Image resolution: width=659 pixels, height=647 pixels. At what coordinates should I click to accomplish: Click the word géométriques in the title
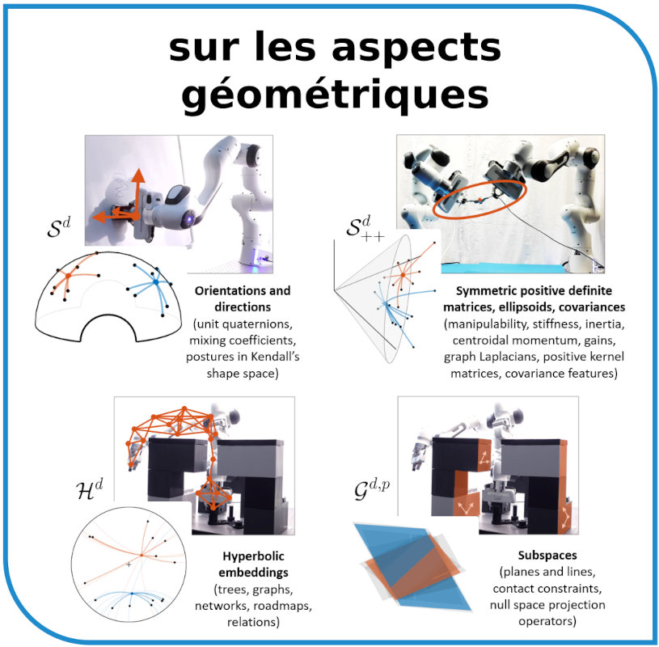point(335,95)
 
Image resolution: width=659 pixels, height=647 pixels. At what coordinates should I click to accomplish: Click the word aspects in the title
point(416,47)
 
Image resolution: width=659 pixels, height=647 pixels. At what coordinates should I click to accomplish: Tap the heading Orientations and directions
point(243,299)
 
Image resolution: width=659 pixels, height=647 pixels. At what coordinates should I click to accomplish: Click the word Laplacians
point(509,357)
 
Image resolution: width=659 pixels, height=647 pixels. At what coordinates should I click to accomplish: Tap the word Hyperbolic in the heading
point(253,556)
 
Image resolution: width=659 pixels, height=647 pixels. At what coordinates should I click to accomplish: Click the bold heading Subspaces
point(547,556)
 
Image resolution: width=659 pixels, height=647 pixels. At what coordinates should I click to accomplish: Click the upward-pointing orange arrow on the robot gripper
point(137,192)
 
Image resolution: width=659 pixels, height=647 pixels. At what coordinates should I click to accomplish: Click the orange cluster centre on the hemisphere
point(68,276)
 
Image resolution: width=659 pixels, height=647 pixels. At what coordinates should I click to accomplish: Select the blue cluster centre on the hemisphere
point(155,282)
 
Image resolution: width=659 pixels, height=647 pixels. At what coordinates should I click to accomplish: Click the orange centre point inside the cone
point(403,275)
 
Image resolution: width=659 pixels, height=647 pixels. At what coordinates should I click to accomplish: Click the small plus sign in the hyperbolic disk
point(129,565)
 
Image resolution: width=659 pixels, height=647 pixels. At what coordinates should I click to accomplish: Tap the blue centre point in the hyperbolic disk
point(132,594)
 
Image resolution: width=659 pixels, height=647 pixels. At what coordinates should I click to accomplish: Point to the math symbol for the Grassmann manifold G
point(372,488)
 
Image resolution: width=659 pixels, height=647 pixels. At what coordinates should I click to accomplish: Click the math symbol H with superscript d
point(89,489)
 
